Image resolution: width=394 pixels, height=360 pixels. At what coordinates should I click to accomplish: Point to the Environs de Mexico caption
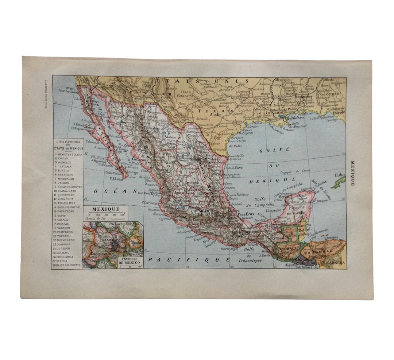[130, 262]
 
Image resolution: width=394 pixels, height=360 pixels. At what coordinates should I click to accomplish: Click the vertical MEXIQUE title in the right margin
[352, 173]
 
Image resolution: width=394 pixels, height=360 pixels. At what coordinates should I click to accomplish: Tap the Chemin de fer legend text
[93, 218]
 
